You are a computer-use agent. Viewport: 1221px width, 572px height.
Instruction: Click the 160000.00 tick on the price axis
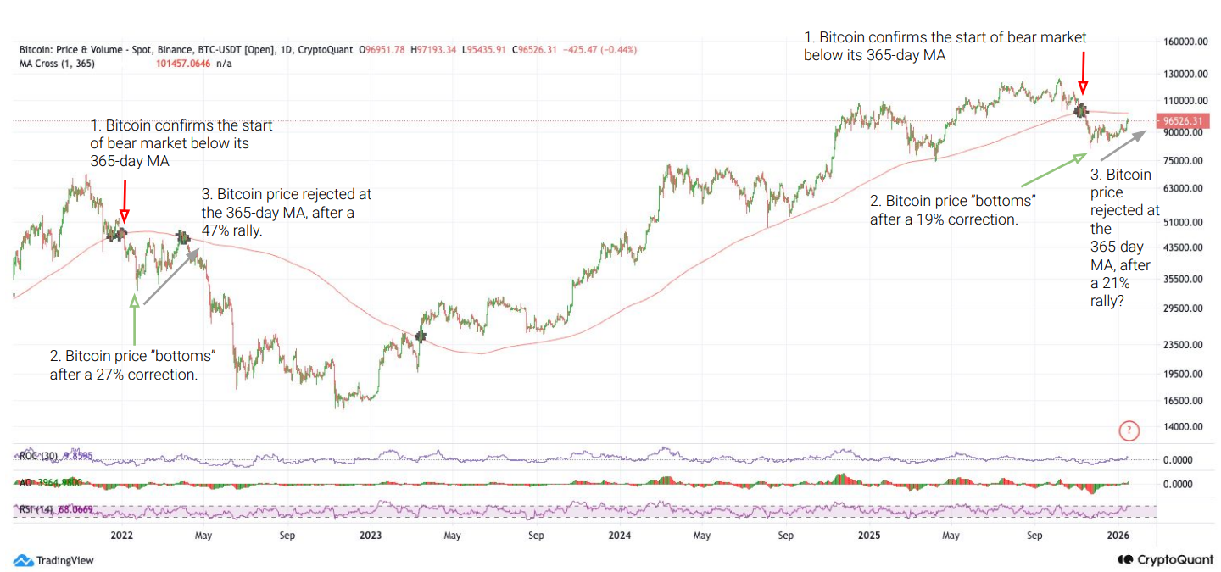click(x=1185, y=42)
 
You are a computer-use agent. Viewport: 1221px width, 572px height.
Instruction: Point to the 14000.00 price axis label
click(x=1185, y=428)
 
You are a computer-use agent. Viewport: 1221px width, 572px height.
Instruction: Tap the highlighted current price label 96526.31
click(x=1185, y=121)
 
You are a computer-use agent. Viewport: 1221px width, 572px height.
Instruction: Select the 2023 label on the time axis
click(x=370, y=536)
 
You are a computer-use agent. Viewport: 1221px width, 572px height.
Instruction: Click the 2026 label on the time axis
click(x=1118, y=536)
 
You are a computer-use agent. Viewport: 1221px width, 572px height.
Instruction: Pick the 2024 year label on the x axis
click(x=619, y=536)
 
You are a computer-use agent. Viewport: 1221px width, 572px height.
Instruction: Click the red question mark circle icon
click(x=1129, y=431)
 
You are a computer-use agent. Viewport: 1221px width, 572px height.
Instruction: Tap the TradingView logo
click(x=54, y=560)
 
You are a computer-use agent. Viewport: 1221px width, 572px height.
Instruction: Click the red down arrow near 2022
click(x=125, y=201)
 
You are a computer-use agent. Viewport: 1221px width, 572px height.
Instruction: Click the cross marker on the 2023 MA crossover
click(x=421, y=336)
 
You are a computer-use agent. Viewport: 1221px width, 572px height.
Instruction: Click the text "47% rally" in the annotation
click(x=233, y=230)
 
